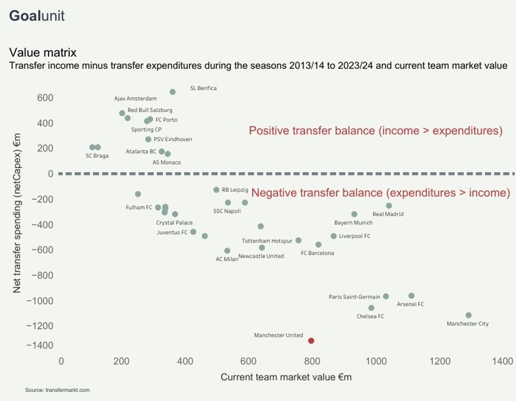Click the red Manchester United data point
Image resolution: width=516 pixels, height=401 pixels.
point(311,340)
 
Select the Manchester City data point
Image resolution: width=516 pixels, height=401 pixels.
point(468,315)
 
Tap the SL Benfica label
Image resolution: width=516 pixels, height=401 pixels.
point(203,87)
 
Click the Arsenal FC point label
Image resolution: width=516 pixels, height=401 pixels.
point(410,304)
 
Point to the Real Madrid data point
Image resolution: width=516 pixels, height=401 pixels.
point(389,205)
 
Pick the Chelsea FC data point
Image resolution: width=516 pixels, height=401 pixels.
point(371,308)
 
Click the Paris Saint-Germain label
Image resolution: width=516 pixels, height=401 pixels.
point(354,297)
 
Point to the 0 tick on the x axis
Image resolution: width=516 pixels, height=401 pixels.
point(61,361)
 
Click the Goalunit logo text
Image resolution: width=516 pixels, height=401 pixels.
point(37,16)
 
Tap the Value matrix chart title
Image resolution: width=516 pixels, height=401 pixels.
point(43,53)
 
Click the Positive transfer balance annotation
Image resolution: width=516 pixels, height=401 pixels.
point(375,131)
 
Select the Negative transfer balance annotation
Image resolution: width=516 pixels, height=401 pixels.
point(381,193)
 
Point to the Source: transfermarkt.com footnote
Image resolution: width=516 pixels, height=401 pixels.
point(57,390)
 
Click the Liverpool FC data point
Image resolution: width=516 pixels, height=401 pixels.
point(334,236)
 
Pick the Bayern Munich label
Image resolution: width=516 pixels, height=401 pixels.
point(353,223)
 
